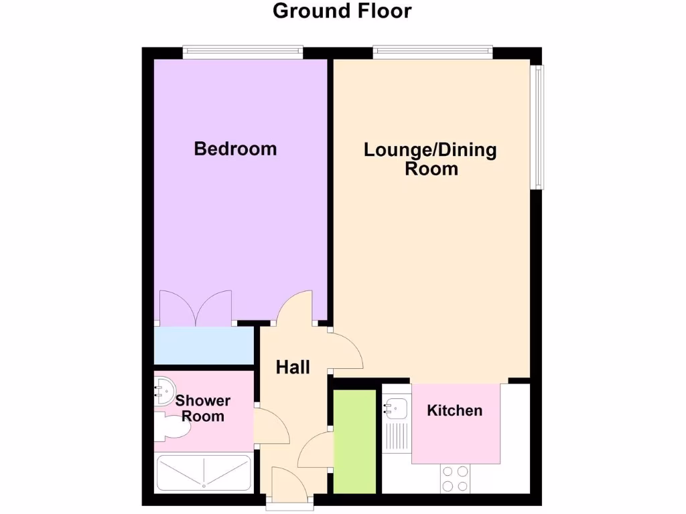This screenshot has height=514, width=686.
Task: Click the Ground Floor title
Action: [342, 11]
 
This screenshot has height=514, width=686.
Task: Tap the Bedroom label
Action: [235, 149]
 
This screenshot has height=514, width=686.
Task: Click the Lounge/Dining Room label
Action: [430, 159]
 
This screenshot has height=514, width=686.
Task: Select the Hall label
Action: [293, 367]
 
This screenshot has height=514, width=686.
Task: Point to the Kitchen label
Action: [454, 410]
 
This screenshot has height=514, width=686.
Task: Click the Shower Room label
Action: [203, 408]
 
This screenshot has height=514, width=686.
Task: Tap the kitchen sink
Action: [395, 407]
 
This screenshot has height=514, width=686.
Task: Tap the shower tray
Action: [203, 474]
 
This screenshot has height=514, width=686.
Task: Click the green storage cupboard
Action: [354, 442]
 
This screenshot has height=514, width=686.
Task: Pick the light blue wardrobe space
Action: [203, 345]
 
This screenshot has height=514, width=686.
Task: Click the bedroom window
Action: [243, 51]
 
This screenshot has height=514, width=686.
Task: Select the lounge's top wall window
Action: [432, 51]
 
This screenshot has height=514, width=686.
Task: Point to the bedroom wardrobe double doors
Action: [196, 309]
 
